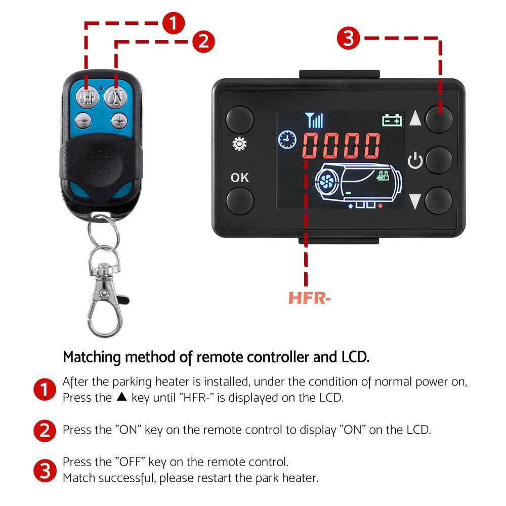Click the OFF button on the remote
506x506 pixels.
[87, 96]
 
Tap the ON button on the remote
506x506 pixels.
[115, 97]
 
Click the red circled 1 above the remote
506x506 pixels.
[173, 23]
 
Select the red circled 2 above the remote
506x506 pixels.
[203, 41]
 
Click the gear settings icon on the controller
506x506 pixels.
[239, 144]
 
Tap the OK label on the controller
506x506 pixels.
[240, 178]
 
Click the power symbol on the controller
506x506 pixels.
[415, 161]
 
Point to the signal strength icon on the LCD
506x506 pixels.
[314, 120]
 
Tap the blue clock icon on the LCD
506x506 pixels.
[287, 140]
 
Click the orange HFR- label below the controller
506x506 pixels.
[310, 298]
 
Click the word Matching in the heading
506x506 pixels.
[92, 357]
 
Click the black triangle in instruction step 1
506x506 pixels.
[121, 396]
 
